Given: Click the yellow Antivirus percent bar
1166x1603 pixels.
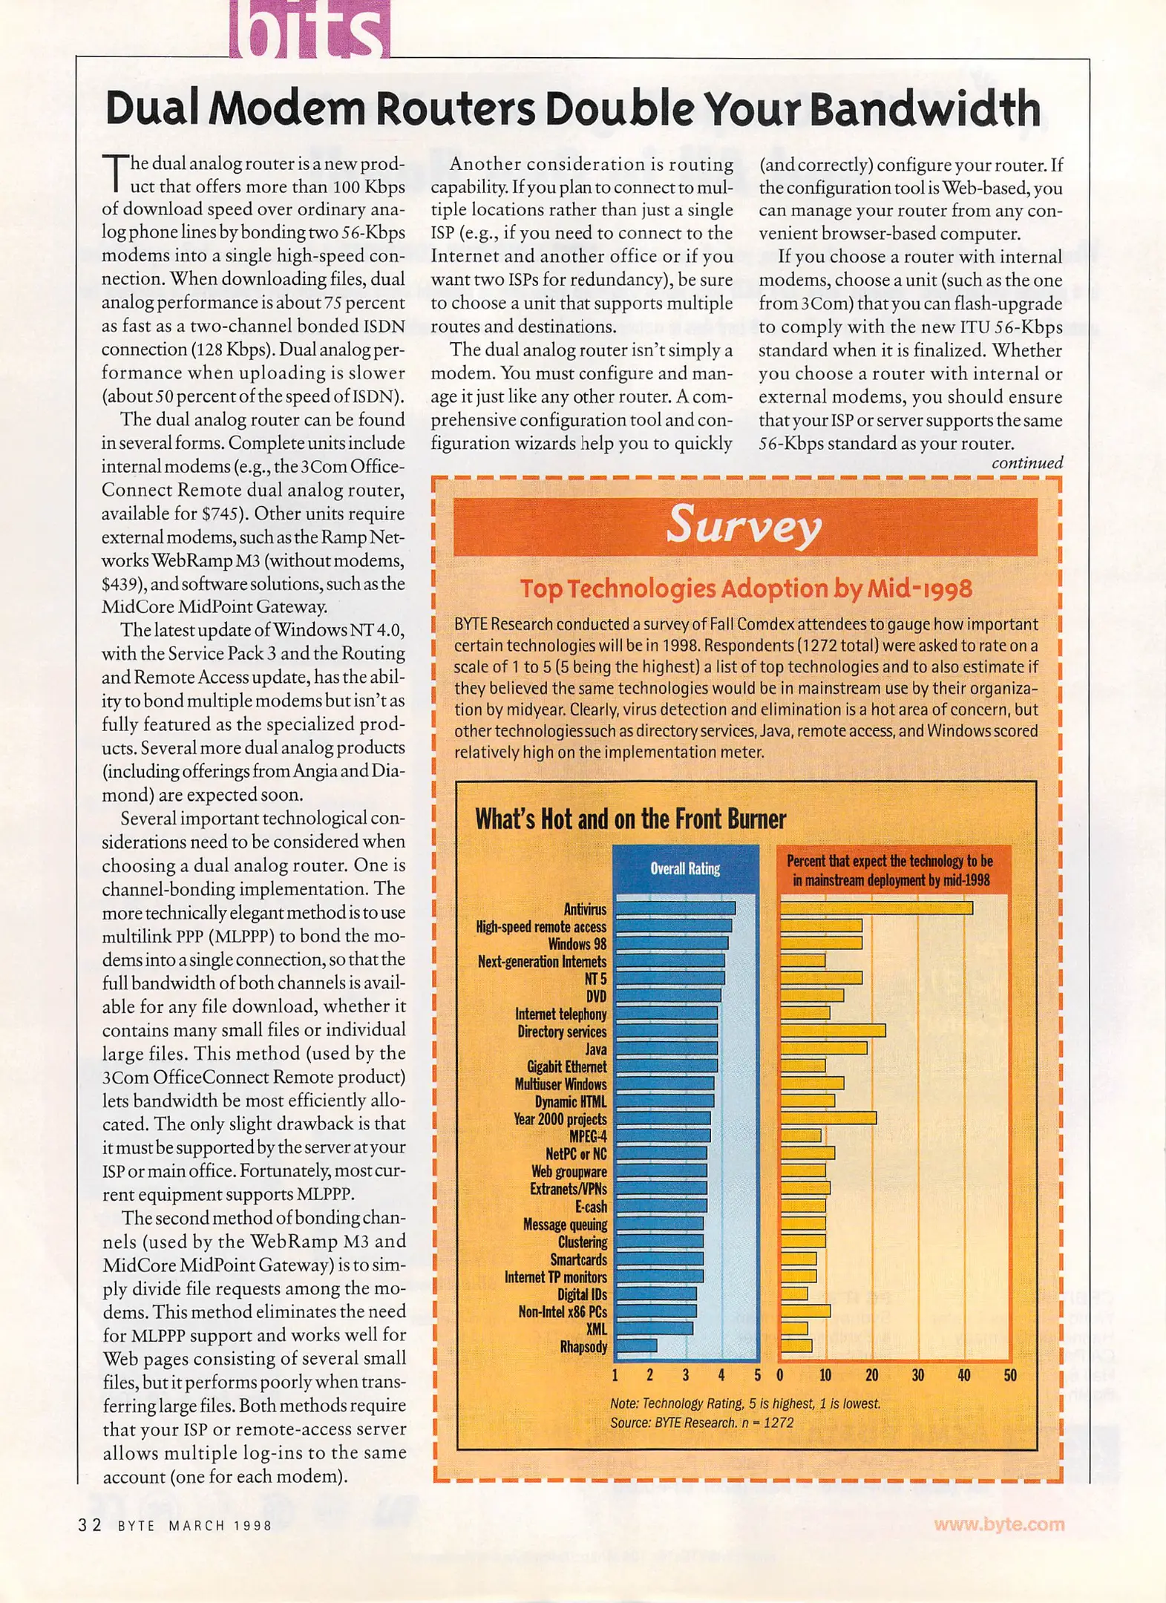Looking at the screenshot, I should pyautogui.click(x=876, y=908).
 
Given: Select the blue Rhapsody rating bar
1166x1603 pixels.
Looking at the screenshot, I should pyautogui.click(x=637, y=1345).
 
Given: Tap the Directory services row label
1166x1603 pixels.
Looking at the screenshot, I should pyautogui.click(x=561, y=1032).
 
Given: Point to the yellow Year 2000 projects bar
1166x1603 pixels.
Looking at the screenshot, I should pyautogui.click(x=828, y=1118).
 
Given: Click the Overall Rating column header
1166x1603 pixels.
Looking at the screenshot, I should pyautogui.click(x=685, y=868).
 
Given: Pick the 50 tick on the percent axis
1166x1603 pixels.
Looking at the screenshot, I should pyautogui.click(x=1009, y=1375).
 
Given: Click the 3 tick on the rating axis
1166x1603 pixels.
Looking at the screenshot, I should pyautogui.click(x=685, y=1375).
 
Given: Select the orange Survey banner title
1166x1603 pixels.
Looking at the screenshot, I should pyautogui.click(x=744, y=526).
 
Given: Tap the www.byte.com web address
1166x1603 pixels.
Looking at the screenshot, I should pyautogui.click(x=999, y=1524).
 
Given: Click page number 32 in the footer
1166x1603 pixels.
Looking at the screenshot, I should pyautogui.click(x=90, y=1525).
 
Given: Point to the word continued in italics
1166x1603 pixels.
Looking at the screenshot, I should pyautogui.click(x=1027, y=463).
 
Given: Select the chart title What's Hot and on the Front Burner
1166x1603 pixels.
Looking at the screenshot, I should pyautogui.click(x=630, y=819).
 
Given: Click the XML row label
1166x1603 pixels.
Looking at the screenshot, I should pyautogui.click(x=596, y=1328).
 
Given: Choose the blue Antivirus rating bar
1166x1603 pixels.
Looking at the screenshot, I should pyautogui.click(x=675, y=908).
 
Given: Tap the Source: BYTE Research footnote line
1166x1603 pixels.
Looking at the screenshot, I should pyautogui.click(x=701, y=1423).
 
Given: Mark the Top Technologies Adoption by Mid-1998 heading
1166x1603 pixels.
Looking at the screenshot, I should pyautogui.click(x=745, y=589).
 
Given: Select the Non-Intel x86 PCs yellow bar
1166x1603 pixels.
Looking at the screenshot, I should pyautogui.click(x=805, y=1311).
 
